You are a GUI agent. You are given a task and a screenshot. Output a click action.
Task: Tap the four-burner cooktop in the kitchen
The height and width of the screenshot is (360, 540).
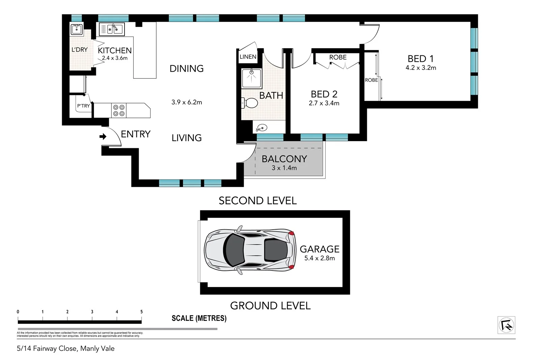119,110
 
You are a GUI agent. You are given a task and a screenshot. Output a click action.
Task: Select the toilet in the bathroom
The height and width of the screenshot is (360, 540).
250,103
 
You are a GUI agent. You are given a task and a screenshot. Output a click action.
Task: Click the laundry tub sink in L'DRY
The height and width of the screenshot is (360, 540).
77,29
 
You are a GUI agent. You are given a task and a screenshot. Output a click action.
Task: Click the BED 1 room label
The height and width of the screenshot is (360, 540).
421,59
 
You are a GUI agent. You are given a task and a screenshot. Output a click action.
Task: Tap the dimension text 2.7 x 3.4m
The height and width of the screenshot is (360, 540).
324,103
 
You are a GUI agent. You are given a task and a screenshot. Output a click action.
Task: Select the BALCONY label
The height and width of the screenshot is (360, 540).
284,159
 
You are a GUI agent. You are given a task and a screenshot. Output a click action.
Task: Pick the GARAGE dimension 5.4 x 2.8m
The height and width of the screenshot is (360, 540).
319,258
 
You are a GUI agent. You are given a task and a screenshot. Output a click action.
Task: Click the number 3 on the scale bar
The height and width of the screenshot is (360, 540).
92,312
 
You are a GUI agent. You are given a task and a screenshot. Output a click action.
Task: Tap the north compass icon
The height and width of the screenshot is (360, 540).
506,325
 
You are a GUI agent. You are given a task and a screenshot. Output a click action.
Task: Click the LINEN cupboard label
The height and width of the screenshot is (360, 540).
248,57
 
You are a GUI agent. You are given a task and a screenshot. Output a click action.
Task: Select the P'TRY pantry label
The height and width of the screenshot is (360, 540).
83,106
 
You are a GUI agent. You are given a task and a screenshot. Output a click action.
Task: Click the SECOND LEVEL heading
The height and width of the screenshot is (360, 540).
258,201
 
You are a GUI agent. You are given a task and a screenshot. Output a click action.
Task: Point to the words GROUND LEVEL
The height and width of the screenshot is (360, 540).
270,306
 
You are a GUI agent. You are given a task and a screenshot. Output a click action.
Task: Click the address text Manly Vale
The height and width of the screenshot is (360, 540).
98,349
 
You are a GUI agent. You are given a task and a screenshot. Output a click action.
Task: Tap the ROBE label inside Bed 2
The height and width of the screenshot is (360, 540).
338,57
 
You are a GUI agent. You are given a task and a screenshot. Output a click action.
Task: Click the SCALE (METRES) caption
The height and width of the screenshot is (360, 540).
199,318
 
